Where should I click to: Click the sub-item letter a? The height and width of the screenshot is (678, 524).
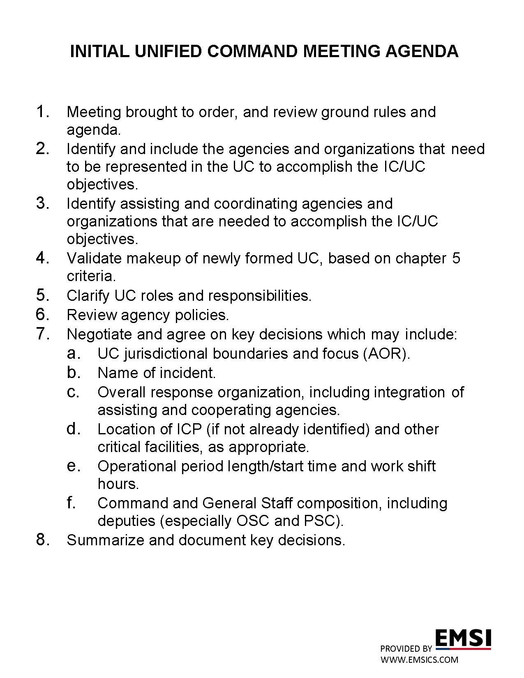pos(73,353)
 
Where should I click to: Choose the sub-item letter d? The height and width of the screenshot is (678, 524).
pos(73,429)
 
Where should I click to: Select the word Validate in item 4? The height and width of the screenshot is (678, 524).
pos(94,258)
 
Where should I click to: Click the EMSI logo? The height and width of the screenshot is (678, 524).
pos(463,639)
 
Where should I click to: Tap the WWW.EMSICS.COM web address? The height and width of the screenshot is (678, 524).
pos(419,660)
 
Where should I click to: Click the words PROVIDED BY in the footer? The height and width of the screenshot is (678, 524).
pos(406,649)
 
